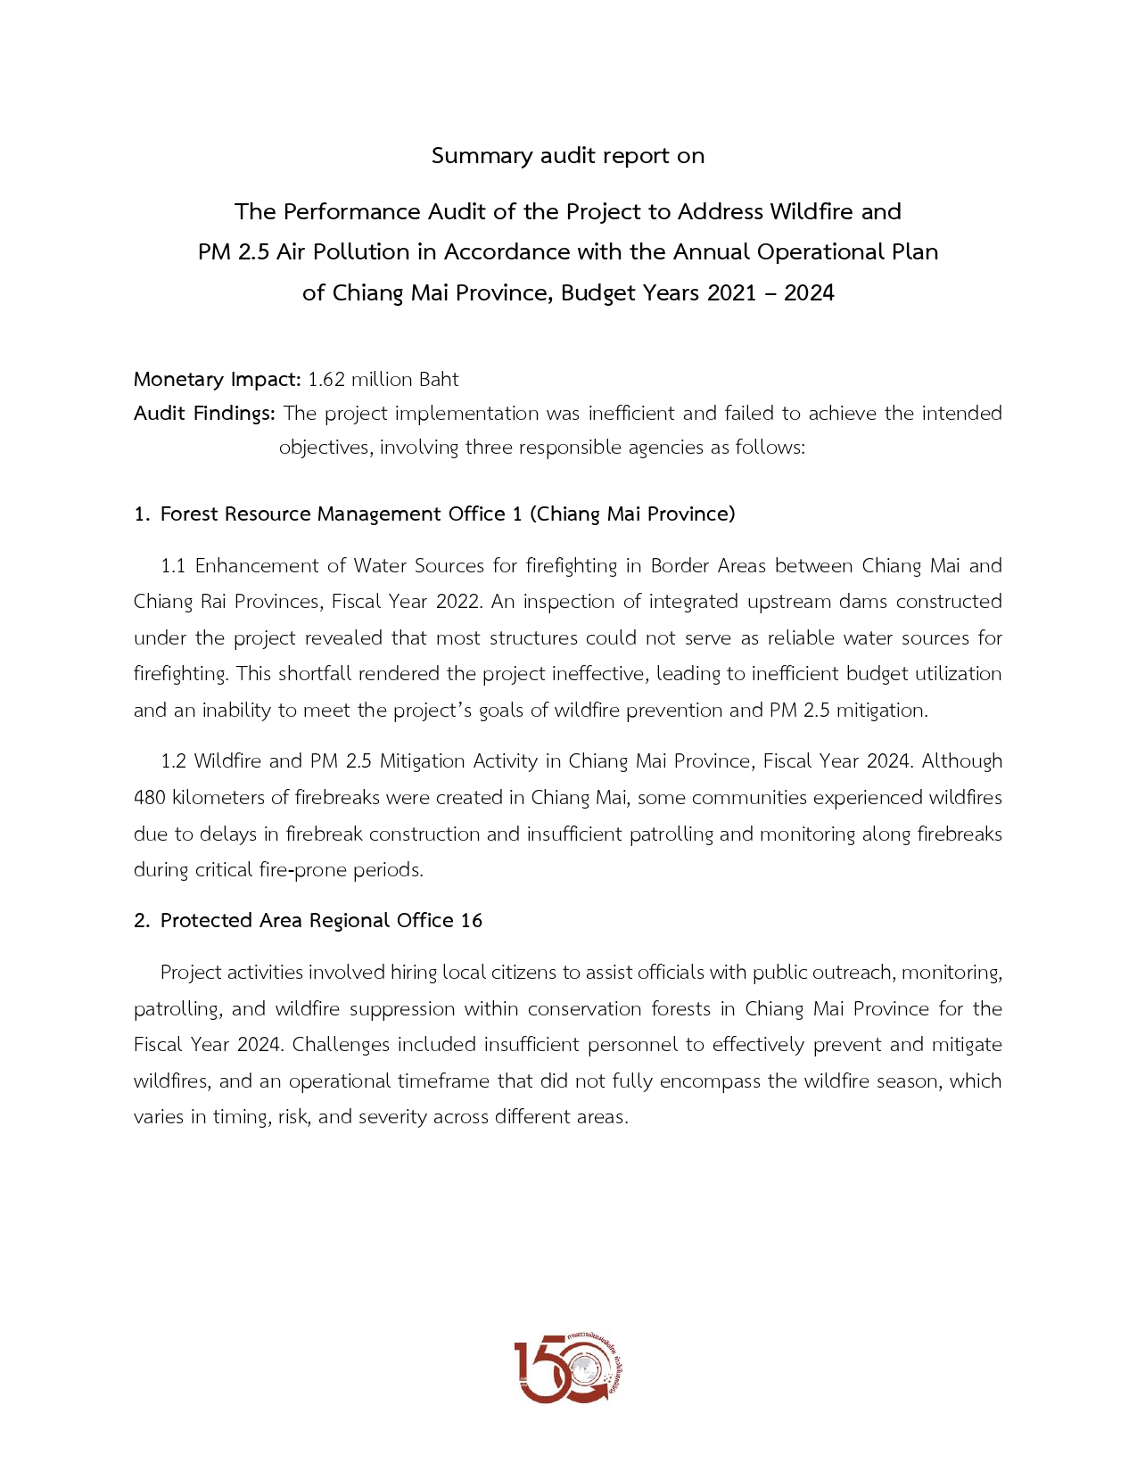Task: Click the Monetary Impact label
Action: (x=217, y=380)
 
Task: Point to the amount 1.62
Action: (x=325, y=380)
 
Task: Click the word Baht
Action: (x=439, y=380)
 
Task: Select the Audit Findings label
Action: (x=204, y=414)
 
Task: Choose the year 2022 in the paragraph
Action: (x=458, y=602)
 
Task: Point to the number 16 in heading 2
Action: (x=471, y=921)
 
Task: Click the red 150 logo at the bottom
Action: (x=568, y=1368)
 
